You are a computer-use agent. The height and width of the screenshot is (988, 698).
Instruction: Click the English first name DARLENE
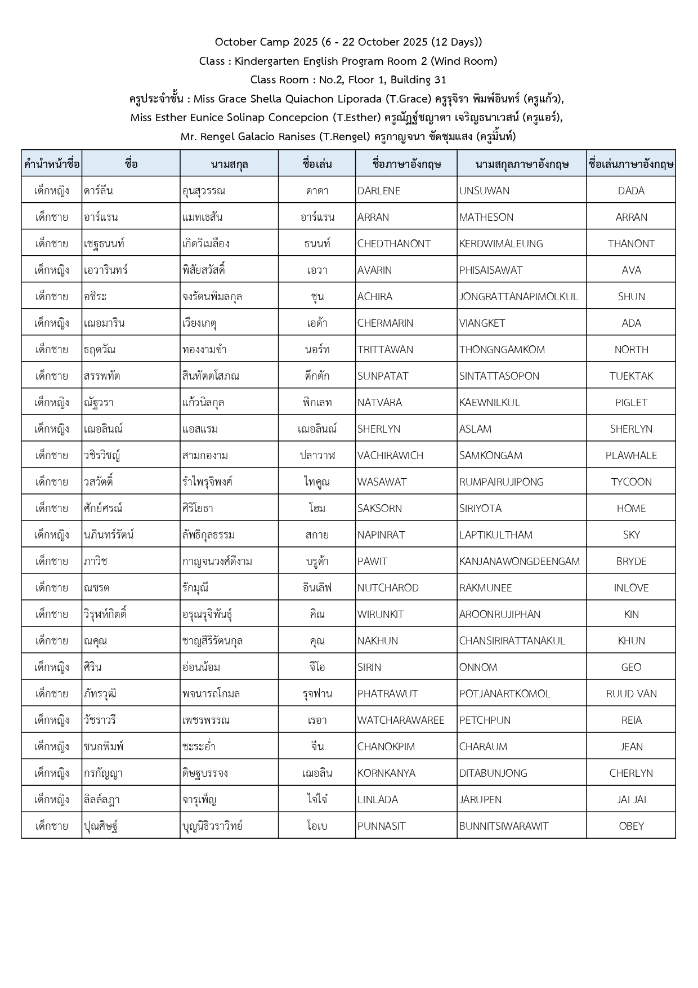(379, 190)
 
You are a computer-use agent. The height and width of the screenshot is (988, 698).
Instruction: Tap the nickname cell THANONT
(631, 243)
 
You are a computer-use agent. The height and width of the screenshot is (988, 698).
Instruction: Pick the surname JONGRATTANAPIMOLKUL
(518, 296)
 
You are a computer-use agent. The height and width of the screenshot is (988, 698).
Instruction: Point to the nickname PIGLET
(631, 402)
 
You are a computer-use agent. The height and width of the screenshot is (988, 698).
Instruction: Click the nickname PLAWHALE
(631, 455)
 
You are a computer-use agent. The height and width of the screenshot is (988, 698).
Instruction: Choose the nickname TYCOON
(631, 482)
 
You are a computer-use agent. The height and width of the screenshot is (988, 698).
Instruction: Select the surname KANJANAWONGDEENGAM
(519, 561)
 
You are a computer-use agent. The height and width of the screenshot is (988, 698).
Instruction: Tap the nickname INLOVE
(631, 588)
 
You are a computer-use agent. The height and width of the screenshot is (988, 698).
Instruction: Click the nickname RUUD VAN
(631, 693)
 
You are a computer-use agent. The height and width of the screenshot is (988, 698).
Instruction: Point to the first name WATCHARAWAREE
(401, 720)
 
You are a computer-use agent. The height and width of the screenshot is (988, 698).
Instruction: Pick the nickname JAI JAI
(631, 799)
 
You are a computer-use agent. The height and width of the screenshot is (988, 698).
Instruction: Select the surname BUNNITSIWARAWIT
(503, 826)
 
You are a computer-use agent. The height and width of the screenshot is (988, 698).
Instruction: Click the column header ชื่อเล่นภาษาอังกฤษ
(631, 164)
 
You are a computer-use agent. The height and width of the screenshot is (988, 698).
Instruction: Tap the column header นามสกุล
(229, 164)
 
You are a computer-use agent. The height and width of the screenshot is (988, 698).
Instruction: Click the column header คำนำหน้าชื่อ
(52, 164)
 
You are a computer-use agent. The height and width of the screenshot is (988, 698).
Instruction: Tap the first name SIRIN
(369, 667)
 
